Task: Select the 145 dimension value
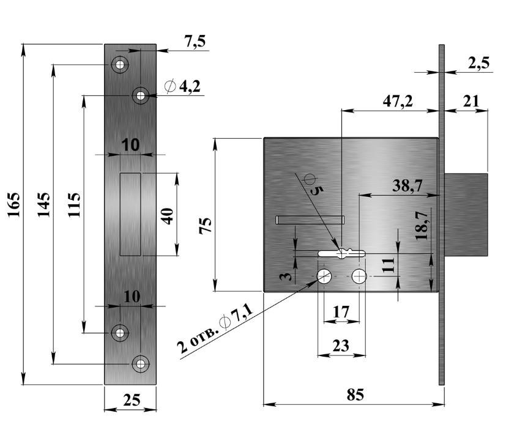pyautogui.click(x=43, y=206)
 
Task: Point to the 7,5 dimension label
pyautogui.click(x=195, y=41)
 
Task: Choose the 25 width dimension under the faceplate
pyautogui.click(x=131, y=400)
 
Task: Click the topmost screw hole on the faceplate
pyautogui.click(x=119, y=64)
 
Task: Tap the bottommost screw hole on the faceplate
pyautogui.click(x=141, y=363)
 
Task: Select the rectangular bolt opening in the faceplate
pyautogui.click(x=131, y=214)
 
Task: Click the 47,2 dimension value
pyautogui.click(x=398, y=101)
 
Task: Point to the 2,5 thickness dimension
pyautogui.click(x=478, y=63)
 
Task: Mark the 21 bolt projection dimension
pyautogui.click(x=471, y=101)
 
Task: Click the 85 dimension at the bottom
pyautogui.click(x=355, y=395)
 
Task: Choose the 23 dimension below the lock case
pyautogui.click(x=340, y=346)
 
